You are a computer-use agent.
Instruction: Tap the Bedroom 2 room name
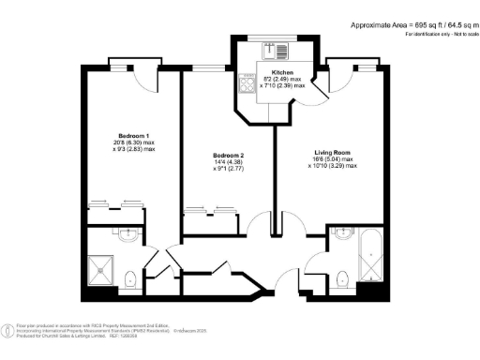tap(228, 154)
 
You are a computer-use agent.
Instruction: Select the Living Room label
tap(334, 151)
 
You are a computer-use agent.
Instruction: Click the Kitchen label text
tap(282, 72)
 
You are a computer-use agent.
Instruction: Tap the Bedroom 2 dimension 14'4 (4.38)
tap(228, 161)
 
